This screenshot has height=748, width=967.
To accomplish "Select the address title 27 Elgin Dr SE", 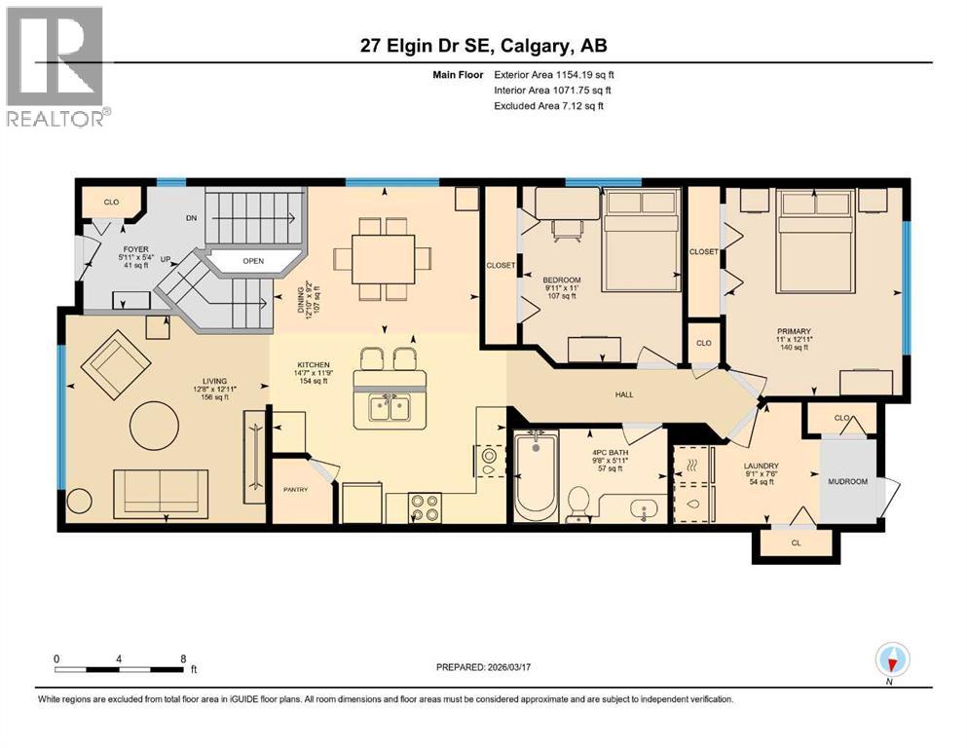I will click(x=483, y=46).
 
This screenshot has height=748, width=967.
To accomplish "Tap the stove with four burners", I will click(x=425, y=507).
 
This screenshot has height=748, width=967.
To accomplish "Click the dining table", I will click(x=381, y=259).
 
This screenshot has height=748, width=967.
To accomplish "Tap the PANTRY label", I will click(x=295, y=490).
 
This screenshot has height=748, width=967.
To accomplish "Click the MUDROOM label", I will click(x=846, y=481).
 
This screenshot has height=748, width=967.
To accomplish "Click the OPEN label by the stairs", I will click(x=253, y=261).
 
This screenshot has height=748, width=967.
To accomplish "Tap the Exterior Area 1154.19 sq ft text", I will click(x=554, y=74).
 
